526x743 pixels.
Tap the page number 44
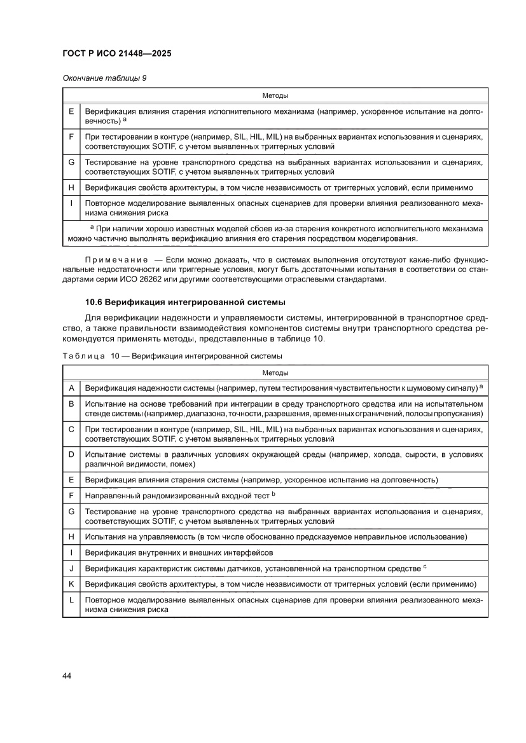tap(67, 675)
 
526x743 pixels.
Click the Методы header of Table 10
tap(275, 372)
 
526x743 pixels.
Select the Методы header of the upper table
tap(275, 96)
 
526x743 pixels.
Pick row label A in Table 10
tap(71, 387)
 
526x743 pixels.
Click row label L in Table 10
tap(71, 599)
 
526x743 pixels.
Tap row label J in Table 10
tap(71, 568)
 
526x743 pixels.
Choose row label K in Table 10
tap(71, 583)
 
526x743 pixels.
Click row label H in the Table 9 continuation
tap(71, 188)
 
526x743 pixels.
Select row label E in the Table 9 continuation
tap(71, 111)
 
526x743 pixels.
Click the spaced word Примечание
tap(116, 261)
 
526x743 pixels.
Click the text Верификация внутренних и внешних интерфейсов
tap(179, 552)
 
